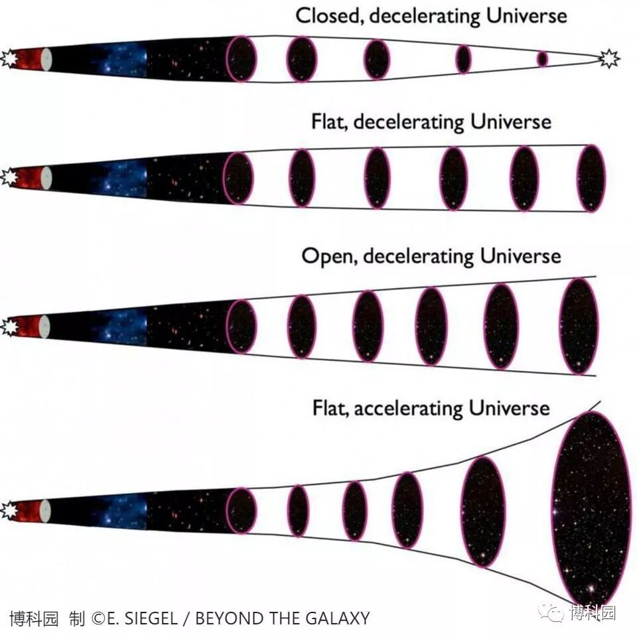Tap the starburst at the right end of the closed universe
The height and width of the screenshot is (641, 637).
pos(608,59)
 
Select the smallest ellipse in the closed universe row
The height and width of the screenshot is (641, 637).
pos(542,59)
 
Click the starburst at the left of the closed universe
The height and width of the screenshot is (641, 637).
pos(8,59)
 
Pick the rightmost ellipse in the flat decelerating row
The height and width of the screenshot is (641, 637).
pos(591,178)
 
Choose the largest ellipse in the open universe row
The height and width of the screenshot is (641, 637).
pos(579,326)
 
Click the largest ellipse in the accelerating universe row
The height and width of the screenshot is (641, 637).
pos(591,508)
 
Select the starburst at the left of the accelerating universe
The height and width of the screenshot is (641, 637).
pos(8,511)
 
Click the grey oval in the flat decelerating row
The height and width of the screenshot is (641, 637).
pos(45,178)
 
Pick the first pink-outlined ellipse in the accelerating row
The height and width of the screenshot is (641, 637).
pos(241,510)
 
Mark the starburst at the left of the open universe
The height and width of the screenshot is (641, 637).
pos(8,327)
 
